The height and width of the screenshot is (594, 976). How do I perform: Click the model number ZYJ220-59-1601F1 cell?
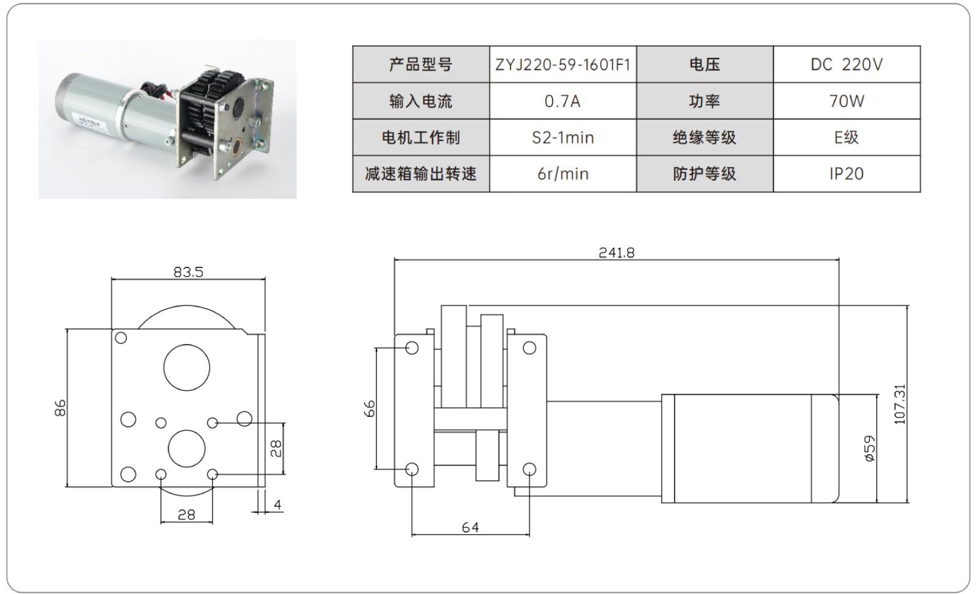[x=562, y=65]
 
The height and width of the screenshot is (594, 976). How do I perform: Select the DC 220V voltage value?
[x=846, y=65]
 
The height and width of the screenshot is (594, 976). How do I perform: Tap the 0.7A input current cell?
[x=562, y=101]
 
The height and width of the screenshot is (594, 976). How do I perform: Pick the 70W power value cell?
[x=846, y=101]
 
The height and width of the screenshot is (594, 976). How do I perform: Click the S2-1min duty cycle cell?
[x=562, y=137]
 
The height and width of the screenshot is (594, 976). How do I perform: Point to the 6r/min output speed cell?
[x=562, y=174]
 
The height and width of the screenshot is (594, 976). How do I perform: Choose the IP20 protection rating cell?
[x=846, y=174]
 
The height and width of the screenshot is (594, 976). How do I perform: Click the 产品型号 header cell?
[x=421, y=65]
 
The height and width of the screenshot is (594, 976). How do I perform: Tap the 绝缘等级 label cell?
[x=705, y=137]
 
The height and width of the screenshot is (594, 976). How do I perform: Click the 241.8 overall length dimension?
[x=616, y=253]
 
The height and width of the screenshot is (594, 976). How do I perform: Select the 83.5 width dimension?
[x=188, y=272]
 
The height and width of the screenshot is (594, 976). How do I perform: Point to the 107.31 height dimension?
[x=900, y=404]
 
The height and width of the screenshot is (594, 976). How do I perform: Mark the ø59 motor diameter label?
[x=870, y=449]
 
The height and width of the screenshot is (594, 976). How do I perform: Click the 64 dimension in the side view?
[x=470, y=527]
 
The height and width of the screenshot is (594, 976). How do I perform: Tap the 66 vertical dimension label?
[x=370, y=408]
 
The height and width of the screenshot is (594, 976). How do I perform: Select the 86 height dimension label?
[x=60, y=407]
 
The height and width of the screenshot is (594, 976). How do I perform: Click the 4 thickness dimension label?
[x=278, y=505]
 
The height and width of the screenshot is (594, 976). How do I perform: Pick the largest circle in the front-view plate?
[x=187, y=368]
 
